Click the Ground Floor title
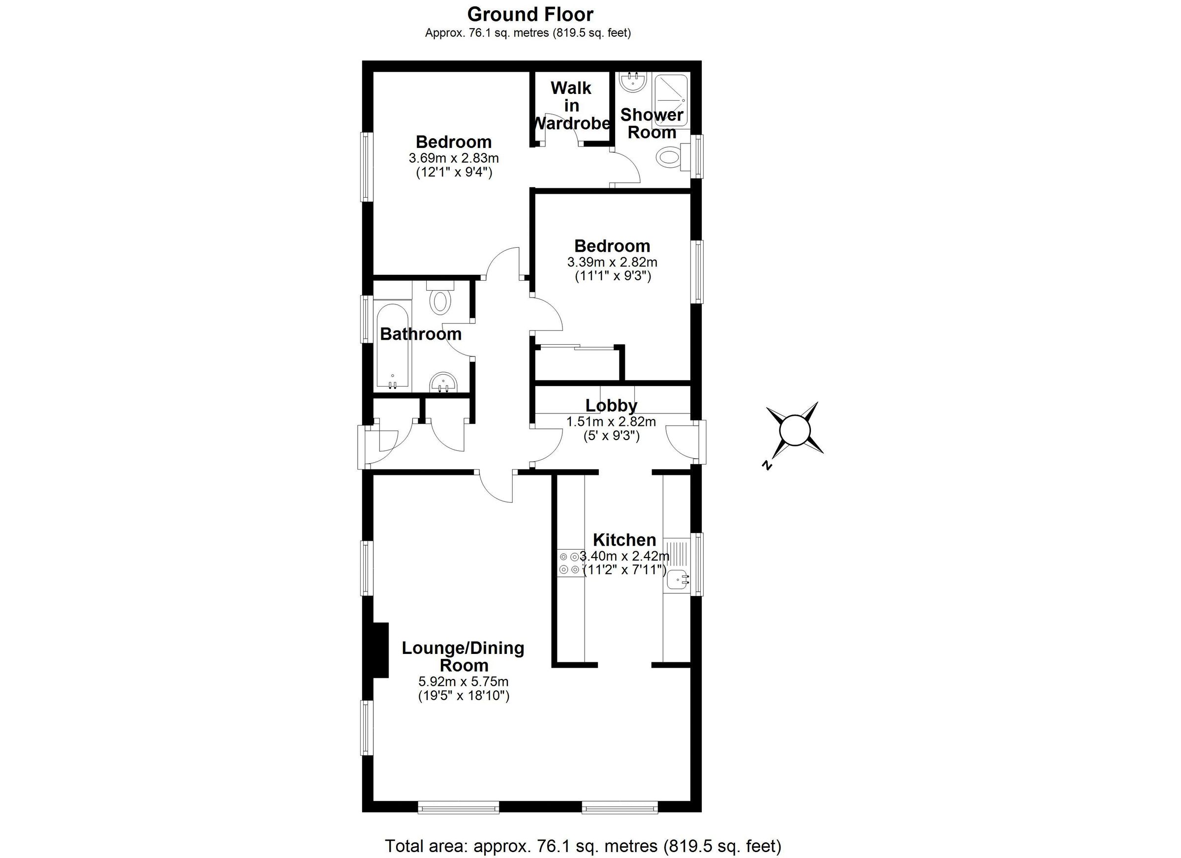click(530, 14)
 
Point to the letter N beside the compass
click(766, 465)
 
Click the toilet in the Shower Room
click(669, 157)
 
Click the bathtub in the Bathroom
click(393, 346)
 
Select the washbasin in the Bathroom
click(444, 384)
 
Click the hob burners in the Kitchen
click(569, 563)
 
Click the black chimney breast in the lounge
click(382, 651)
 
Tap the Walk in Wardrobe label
click(571, 106)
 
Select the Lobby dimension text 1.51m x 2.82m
click(611, 421)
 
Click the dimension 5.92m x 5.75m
click(464, 681)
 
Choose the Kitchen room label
click(624, 539)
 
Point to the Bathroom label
click(421, 334)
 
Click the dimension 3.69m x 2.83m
click(454, 158)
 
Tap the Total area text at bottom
click(583, 846)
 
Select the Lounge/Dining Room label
click(463, 656)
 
